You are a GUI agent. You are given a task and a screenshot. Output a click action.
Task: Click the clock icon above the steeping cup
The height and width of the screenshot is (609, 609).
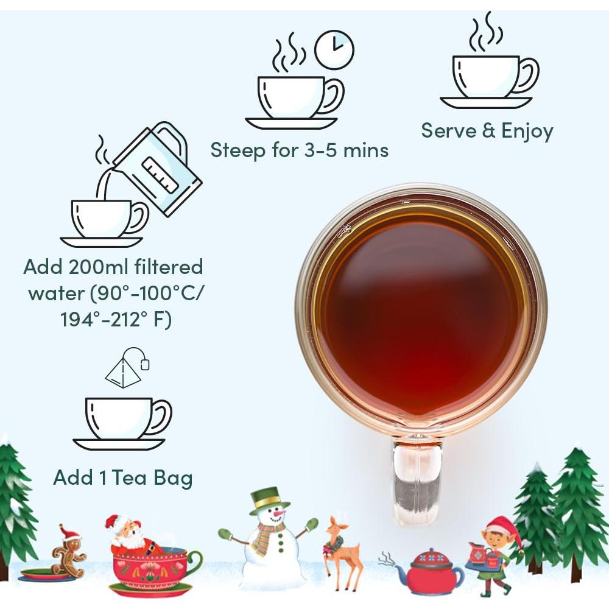pyautogui.click(x=334, y=49)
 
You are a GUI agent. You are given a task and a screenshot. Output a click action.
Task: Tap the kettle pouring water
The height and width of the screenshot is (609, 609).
pyautogui.click(x=160, y=167)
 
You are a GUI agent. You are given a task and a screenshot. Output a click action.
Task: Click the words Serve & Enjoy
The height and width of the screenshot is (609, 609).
pyautogui.click(x=487, y=131)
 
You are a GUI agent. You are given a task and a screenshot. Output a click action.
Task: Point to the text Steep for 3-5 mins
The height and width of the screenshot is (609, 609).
pyautogui.click(x=299, y=150)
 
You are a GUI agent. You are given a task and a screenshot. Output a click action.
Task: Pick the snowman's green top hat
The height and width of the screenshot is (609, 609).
pyautogui.click(x=268, y=499)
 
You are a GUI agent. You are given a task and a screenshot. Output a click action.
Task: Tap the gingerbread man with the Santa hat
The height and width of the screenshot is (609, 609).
pyautogui.click(x=68, y=552)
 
